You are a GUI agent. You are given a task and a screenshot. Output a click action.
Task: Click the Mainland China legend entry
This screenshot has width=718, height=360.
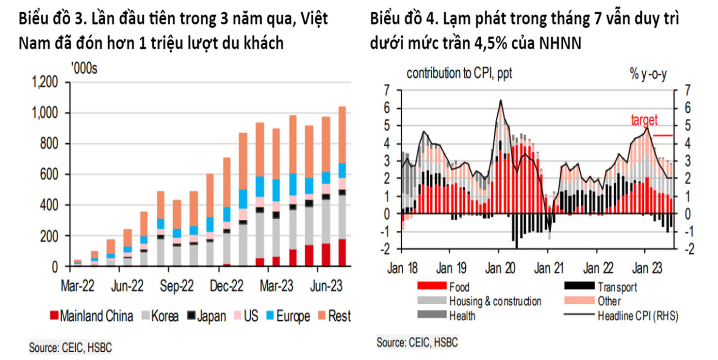click(x=91, y=316)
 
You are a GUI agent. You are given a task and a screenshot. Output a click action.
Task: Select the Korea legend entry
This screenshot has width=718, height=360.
click(x=159, y=316)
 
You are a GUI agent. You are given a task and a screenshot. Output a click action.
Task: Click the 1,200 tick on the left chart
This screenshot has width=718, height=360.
click(x=45, y=82)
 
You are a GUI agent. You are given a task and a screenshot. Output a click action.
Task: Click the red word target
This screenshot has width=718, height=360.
click(x=644, y=119)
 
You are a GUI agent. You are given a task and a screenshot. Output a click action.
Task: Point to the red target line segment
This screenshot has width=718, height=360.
click(x=663, y=136)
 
